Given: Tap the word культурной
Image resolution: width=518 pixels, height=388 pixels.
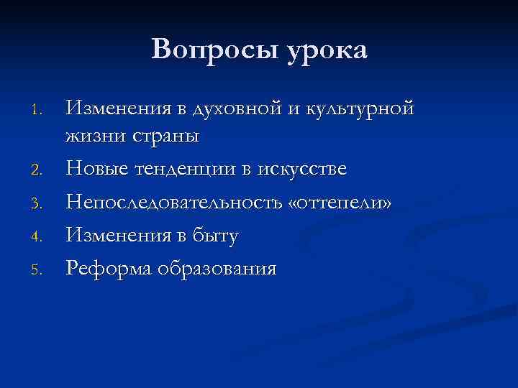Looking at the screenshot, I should coord(360,109).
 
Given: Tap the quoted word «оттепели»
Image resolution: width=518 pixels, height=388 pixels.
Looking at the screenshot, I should coord(340,203).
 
